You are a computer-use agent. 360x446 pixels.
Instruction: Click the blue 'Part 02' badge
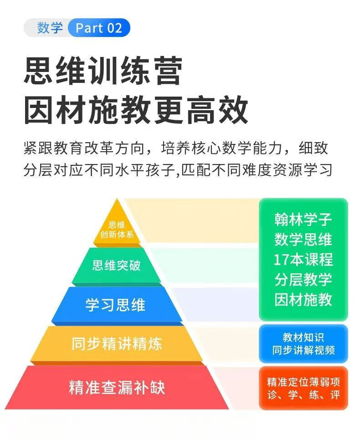click(x=99, y=28)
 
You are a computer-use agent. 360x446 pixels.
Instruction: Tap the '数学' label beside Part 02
click(x=50, y=28)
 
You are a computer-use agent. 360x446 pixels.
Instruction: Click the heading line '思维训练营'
click(x=103, y=71)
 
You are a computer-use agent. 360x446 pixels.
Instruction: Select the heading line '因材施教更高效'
click(x=136, y=109)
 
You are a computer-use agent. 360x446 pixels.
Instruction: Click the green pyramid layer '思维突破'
click(x=117, y=265)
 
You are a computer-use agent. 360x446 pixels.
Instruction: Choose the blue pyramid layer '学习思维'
click(x=115, y=305)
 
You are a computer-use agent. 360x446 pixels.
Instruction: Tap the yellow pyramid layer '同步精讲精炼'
click(x=117, y=343)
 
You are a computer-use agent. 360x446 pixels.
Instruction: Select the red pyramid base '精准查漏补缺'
click(x=117, y=387)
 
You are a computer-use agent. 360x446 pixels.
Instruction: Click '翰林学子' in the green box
click(x=303, y=219)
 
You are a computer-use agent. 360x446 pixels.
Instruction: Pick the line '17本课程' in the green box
click(x=303, y=259)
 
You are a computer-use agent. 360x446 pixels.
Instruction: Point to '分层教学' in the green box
click(x=303, y=279)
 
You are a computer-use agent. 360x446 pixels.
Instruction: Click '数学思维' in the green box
click(x=303, y=239)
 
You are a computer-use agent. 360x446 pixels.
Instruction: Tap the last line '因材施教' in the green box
click(x=303, y=299)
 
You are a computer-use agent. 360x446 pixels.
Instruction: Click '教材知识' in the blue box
click(x=303, y=338)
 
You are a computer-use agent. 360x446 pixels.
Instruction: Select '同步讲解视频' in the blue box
click(x=303, y=350)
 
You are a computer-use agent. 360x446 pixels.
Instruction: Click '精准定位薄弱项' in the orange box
click(x=303, y=382)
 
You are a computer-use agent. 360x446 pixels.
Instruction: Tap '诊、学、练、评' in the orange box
click(x=303, y=395)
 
